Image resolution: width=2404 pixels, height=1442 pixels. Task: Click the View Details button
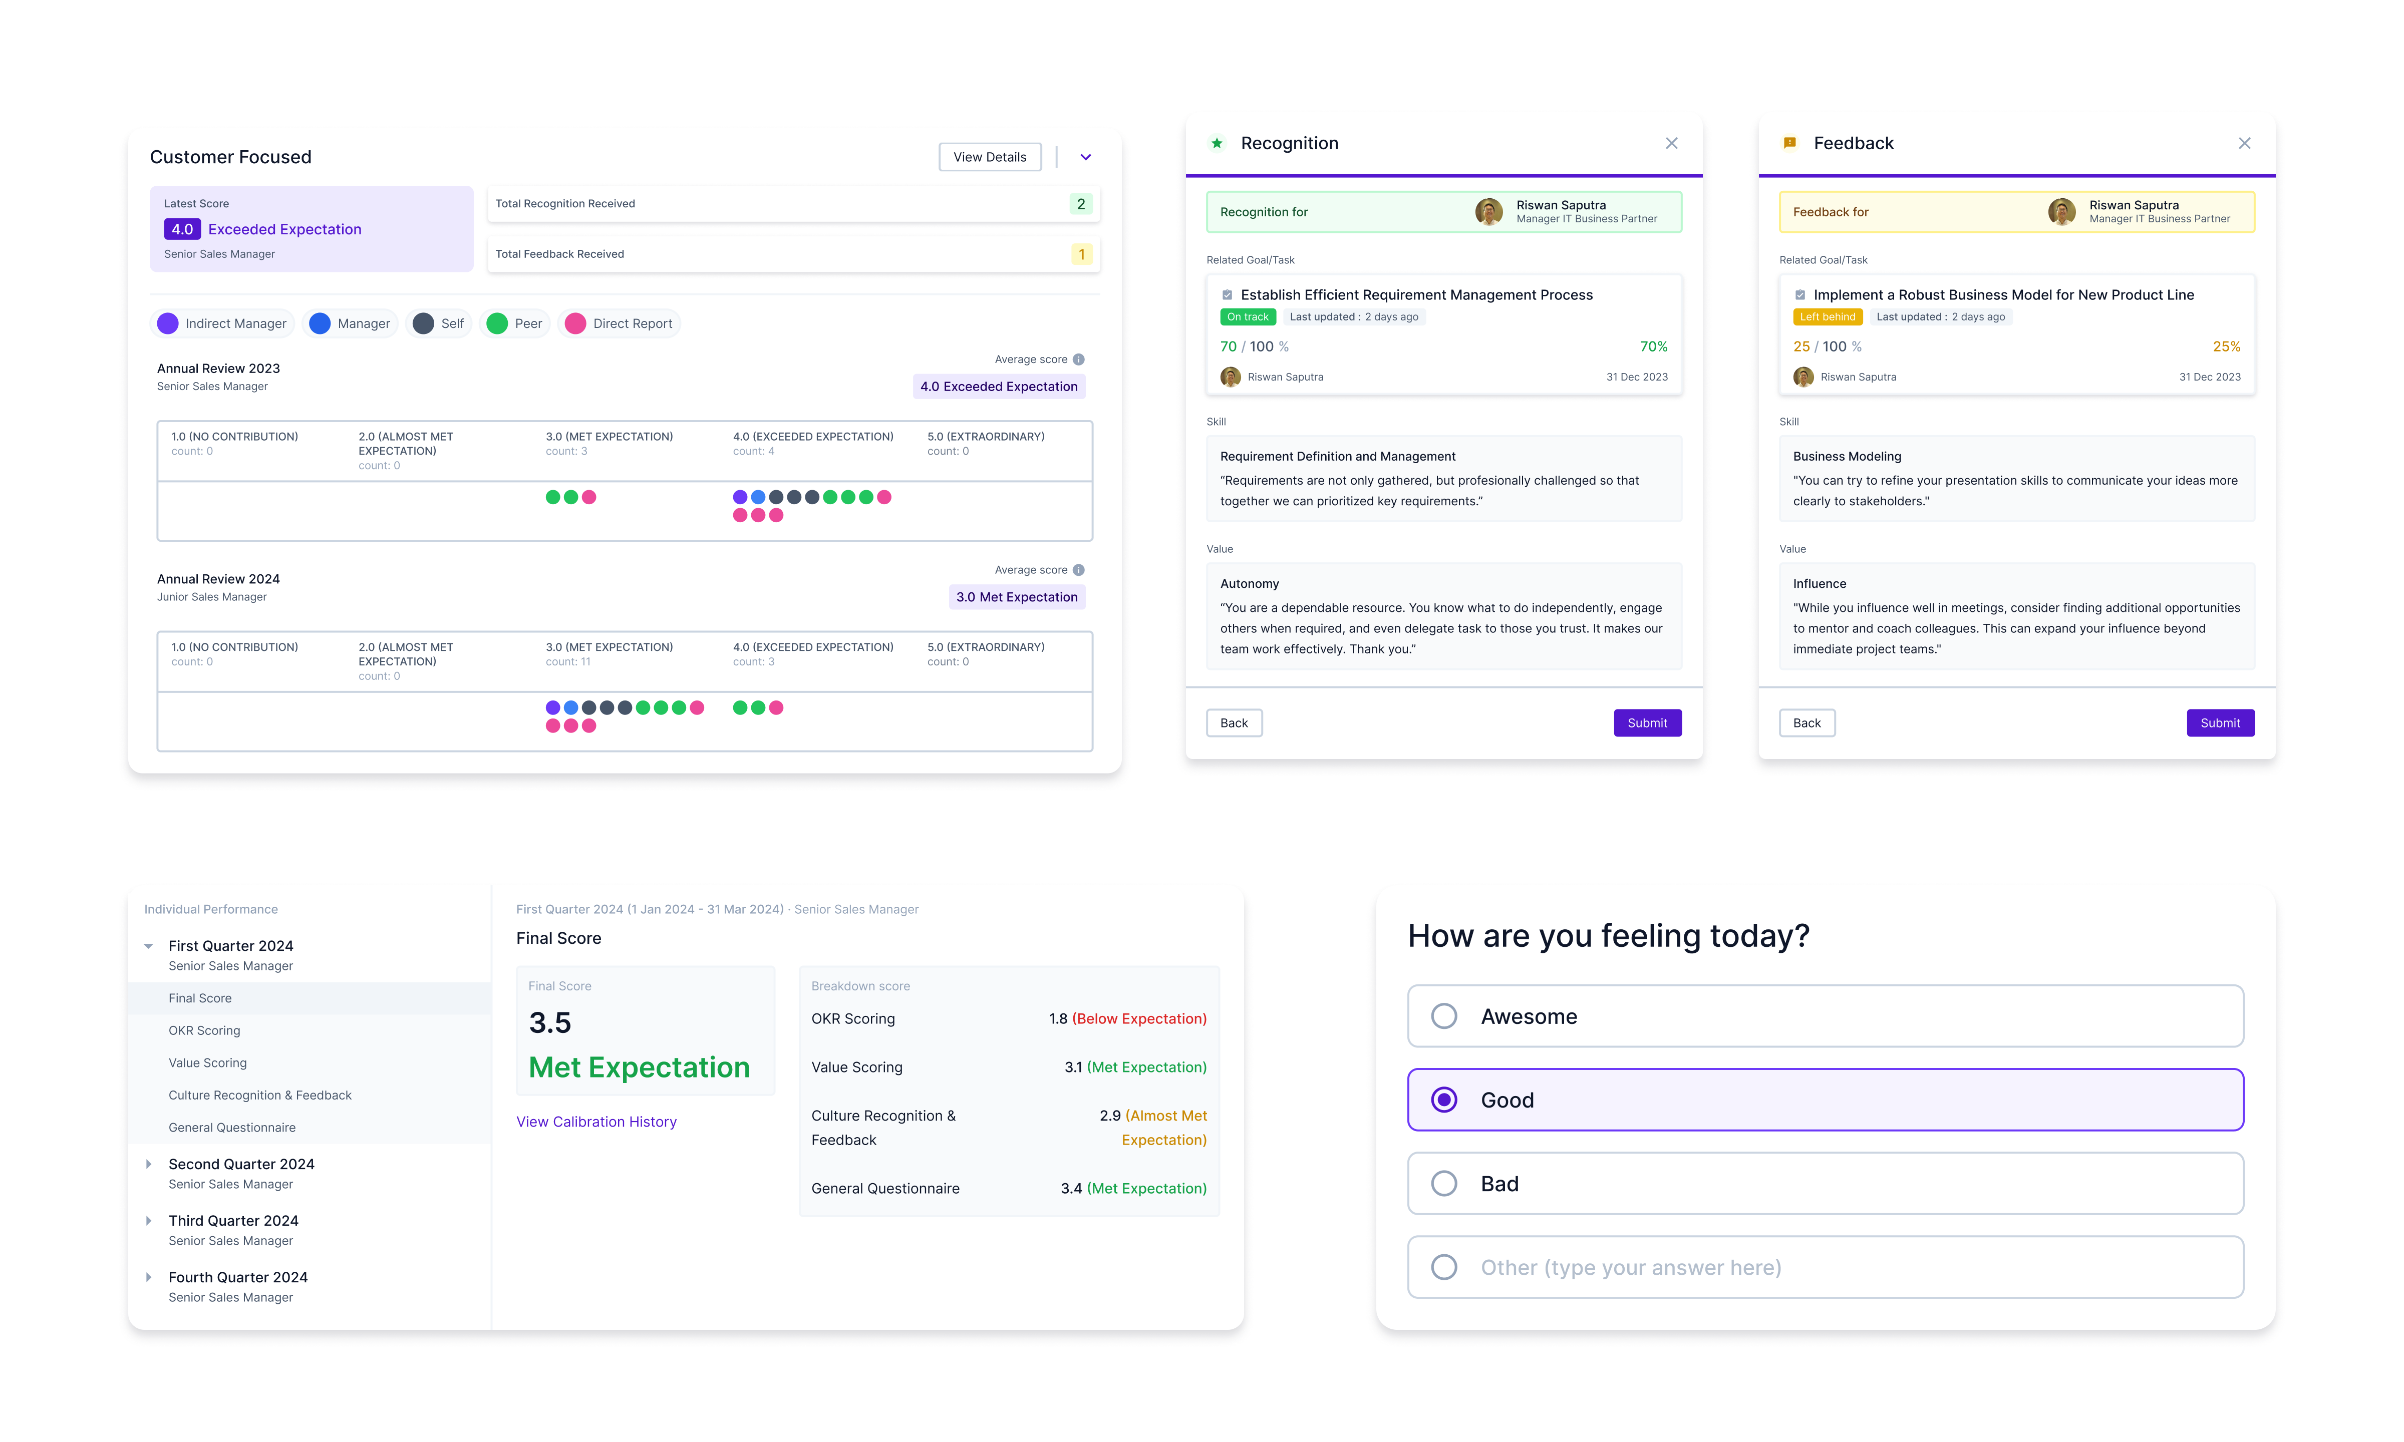pos(989,157)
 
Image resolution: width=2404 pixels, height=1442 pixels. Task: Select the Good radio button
pos(1444,1100)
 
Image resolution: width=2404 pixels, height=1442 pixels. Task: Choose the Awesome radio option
pos(1444,1016)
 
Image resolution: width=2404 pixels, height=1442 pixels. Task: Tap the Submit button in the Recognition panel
pos(1647,723)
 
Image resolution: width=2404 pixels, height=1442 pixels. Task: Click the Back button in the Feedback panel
pos(1807,723)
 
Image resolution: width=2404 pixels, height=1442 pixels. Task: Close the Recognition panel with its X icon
pos(1671,144)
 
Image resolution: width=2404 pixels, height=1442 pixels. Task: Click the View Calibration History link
pos(595,1122)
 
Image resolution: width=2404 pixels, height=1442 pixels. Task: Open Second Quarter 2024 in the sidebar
pos(241,1164)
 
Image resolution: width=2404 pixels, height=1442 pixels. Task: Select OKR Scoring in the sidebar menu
pos(204,1030)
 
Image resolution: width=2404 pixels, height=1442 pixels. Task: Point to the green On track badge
pos(1248,317)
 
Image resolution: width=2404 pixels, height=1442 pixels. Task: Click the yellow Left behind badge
pos(1827,317)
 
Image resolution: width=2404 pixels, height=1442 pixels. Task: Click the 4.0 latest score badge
pos(182,229)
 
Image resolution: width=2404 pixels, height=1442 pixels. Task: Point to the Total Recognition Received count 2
pos(1080,204)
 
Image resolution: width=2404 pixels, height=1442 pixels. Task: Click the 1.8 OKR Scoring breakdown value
pos(1058,1018)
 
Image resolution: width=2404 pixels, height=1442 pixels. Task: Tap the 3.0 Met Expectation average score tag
pos(1016,597)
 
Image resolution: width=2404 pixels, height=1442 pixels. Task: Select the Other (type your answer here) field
pos(1825,1267)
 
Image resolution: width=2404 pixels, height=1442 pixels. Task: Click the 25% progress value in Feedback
pos(2226,347)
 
